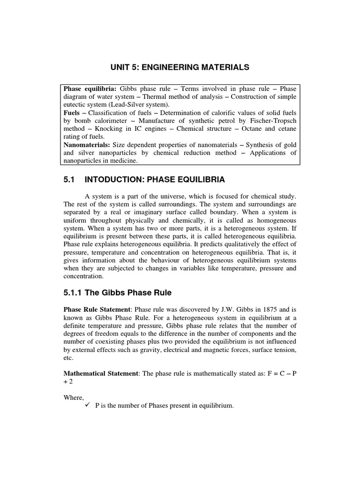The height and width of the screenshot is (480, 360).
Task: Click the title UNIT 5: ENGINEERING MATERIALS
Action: tap(180, 68)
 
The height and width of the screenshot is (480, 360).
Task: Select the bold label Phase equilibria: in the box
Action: tap(90, 89)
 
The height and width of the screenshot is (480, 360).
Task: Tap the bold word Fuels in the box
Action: tap(72, 113)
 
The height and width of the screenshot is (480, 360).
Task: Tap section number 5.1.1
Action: tap(75, 292)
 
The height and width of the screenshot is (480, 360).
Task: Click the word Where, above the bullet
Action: tap(74, 397)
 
